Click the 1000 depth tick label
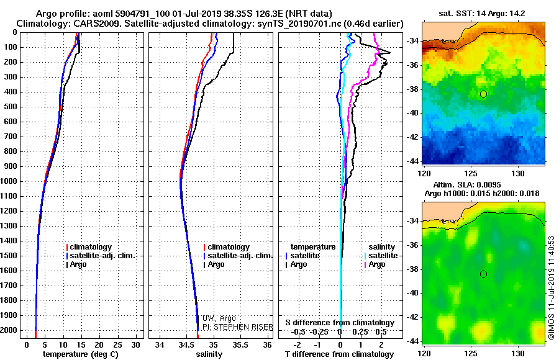coord(10,181)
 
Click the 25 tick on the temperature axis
coord(119,344)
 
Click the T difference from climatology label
coord(340,354)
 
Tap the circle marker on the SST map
coord(483,94)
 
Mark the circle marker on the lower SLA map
coord(483,274)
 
